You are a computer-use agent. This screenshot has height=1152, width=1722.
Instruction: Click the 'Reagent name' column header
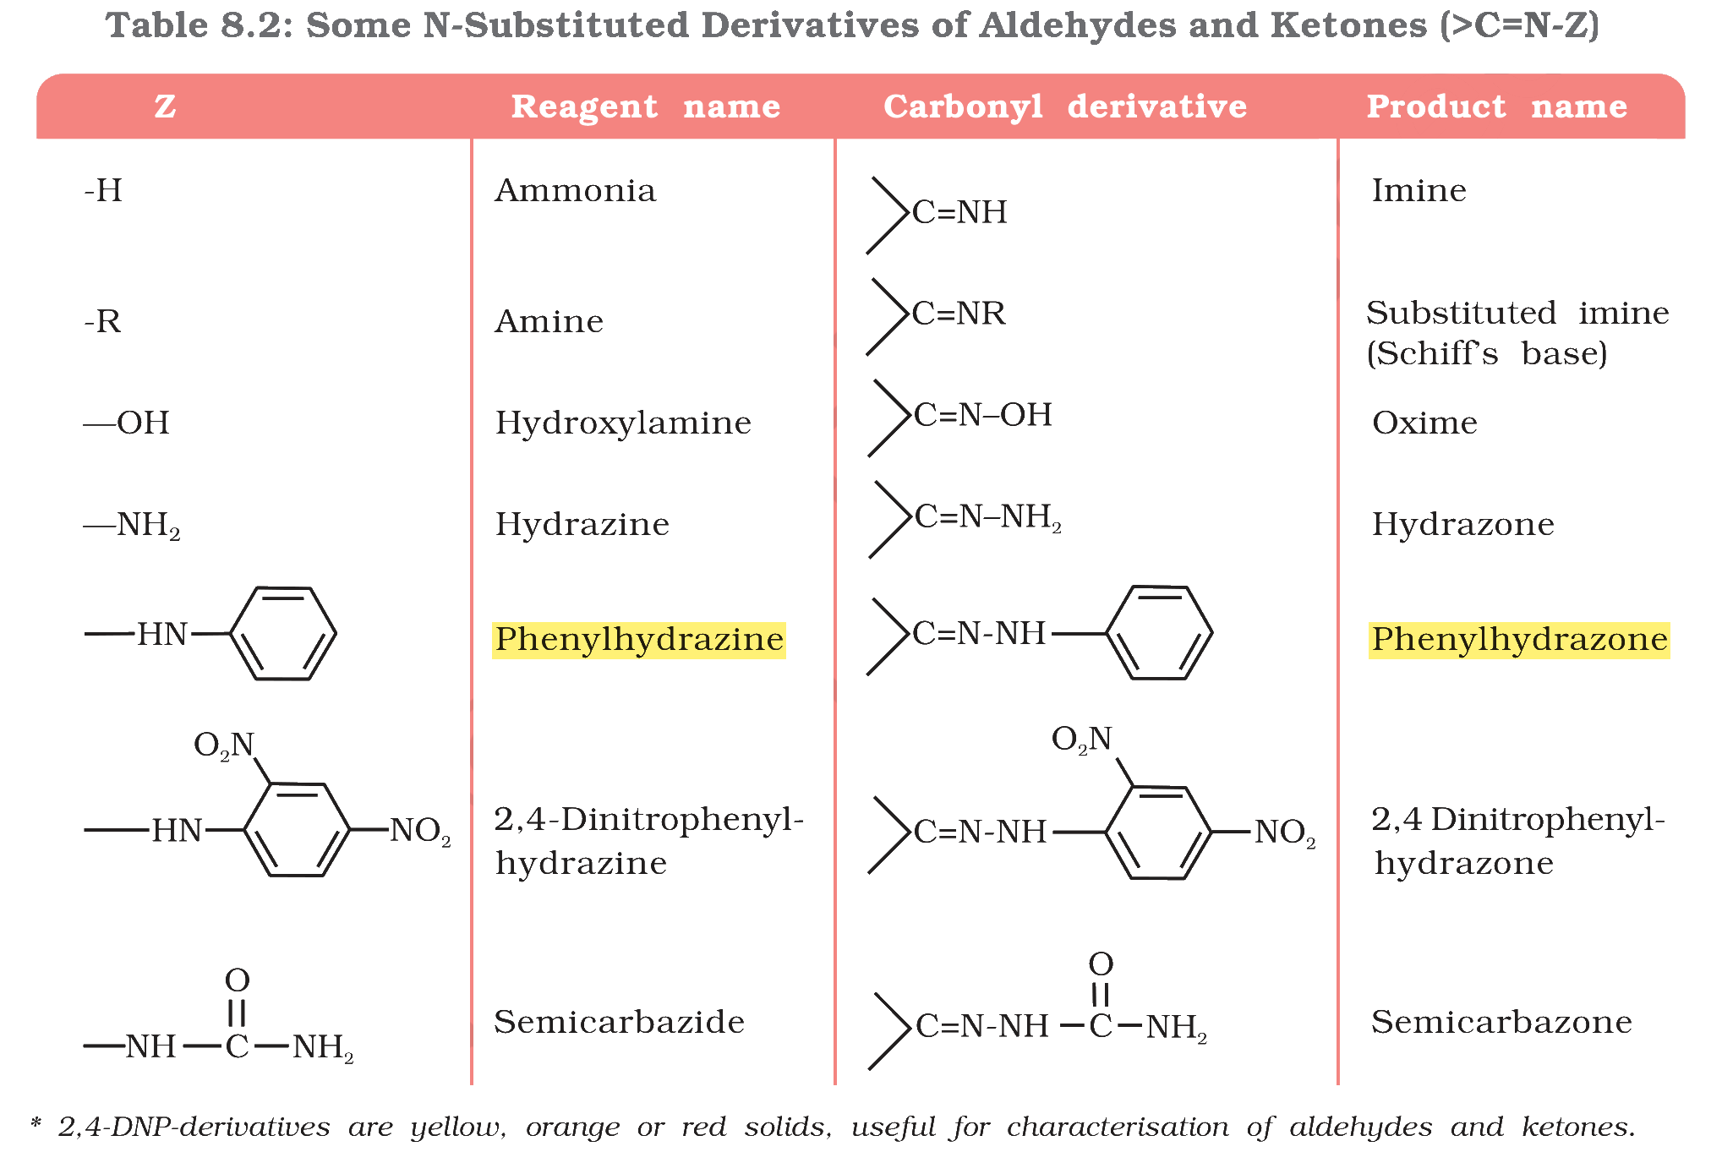click(x=646, y=106)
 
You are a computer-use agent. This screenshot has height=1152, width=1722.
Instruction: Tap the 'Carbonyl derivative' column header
click(x=1065, y=106)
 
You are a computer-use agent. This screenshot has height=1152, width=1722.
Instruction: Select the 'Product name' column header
click(x=1497, y=106)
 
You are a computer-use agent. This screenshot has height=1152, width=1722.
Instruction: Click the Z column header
click(x=165, y=106)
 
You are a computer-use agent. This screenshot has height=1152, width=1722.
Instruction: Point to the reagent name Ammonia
click(x=576, y=191)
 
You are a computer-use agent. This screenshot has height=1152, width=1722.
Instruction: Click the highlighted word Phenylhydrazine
click(x=639, y=640)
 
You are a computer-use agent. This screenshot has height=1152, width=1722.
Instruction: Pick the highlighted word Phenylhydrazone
click(x=1519, y=640)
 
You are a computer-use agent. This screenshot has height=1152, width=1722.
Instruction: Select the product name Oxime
click(x=1425, y=423)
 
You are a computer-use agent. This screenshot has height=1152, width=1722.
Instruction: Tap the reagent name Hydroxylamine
click(x=623, y=423)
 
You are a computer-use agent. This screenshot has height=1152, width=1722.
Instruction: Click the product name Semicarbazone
click(x=1501, y=1022)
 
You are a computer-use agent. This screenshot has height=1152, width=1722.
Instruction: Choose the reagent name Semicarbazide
click(x=620, y=1022)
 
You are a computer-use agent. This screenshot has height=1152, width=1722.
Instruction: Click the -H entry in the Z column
click(x=103, y=191)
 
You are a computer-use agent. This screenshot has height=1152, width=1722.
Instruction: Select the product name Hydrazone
click(x=1463, y=524)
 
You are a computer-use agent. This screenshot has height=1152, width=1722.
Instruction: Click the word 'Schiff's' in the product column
click(x=1433, y=353)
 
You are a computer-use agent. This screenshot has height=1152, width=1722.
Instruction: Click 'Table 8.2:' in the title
click(x=200, y=25)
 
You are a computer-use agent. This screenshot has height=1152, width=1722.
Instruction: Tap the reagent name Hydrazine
click(x=582, y=524)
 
